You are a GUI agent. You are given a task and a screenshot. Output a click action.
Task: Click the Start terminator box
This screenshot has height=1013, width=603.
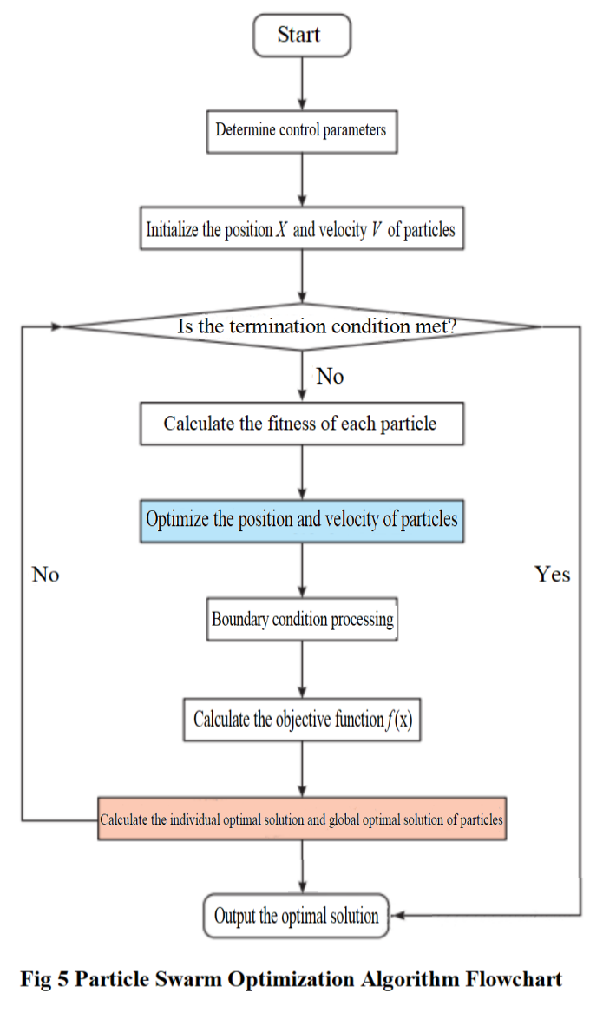point(300,36)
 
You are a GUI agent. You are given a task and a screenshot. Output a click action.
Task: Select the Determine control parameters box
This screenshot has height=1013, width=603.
point(300,131)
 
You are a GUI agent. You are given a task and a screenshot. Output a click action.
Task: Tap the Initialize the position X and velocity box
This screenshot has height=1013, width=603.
point(300,231)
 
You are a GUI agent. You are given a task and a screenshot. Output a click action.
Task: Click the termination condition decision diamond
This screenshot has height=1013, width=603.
point(301,327)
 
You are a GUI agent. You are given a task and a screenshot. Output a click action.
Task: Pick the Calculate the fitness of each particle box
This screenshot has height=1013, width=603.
point(300,424)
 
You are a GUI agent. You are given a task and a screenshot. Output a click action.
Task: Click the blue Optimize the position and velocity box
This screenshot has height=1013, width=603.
point(301,520)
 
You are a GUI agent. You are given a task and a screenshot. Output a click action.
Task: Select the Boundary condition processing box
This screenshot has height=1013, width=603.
point(301,620)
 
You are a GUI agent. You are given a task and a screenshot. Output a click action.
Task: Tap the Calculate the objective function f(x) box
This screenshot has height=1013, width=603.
point(301,719)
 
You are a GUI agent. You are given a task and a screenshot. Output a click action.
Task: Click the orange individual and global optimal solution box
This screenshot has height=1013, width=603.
point(301,819)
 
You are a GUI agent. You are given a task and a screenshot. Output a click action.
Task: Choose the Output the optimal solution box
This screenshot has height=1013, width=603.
point(297,916)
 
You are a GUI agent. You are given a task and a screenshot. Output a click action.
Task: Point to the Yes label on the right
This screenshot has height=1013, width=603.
point(552,575)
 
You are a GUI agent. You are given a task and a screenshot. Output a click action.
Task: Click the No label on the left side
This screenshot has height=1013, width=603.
point(45,575)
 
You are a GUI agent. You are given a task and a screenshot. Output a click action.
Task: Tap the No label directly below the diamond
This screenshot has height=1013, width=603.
point(330,376)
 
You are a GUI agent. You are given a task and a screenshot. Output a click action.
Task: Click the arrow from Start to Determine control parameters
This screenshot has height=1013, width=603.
point(301,83)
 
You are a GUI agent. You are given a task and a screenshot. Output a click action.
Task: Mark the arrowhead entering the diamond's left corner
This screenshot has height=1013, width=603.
point(58,327)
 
